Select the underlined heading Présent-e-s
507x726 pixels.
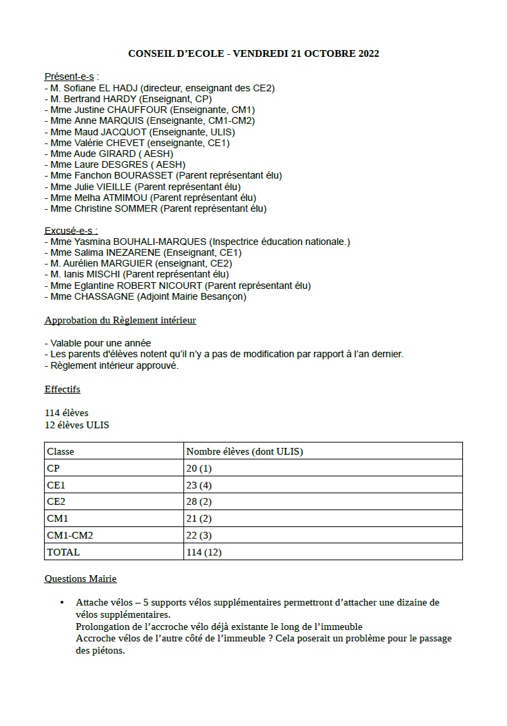coord(69,76)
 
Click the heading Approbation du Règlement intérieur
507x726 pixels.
coord(120,320)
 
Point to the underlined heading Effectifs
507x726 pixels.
coord(62,390)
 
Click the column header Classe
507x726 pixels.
coord(60,451)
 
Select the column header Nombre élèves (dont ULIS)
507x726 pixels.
coord(244,451)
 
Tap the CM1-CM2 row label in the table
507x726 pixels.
coord(70,535)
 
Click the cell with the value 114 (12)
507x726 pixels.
coord(204,552)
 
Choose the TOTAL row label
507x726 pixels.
coord(63,552)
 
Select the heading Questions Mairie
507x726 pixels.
coord(81,579)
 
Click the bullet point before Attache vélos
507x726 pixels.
coord(62,602)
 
